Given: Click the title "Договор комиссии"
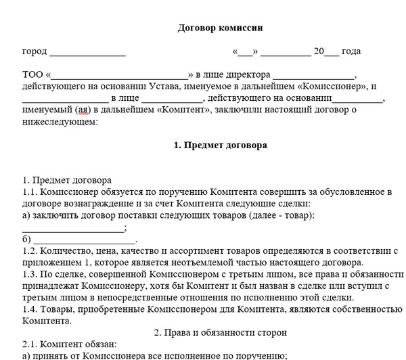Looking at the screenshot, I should pyautogui.click(x=219, y=28).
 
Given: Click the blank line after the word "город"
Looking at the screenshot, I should pyautogui.click(x=87, y=52).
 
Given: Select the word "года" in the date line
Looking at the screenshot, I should pyautogui.click(x=351, y=51).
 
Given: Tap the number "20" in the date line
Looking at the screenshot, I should pyautogui.click(x=319, y=51).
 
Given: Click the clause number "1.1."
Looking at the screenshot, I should pyautogui.click(x=30, y=192).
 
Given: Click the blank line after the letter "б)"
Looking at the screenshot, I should pyautogui.click(x=85, y=240).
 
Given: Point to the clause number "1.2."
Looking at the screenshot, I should pyautogui.click(x=30, y=251).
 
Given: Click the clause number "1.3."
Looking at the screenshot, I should pyautogui.click(x=30, y=274).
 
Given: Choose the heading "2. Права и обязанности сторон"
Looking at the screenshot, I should pyautogui.click(x=220, y=333).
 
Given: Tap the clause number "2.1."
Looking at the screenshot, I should pyautogui.click(x=30, y=344).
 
